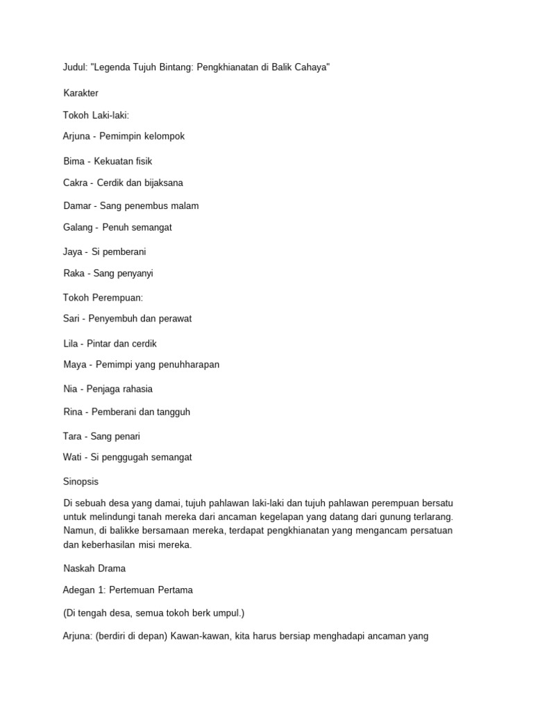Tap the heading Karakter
tap(81, 92)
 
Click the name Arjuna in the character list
tap(76, 136)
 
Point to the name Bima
tap(74, 161)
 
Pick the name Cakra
tap(76, 183)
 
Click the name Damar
tap(77, 206)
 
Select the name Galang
tap(78, 227)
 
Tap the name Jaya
tap(73, 251)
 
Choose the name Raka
tap(74, 273)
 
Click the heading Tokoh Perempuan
tap(103, 297)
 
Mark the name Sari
tap(71, 319)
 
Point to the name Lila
tap(71, 344)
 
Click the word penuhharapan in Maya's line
tap(189, 365)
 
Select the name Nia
tap(70, 389)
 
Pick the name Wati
tap(72, 457)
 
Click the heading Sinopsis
tap(81, 481)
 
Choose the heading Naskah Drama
tap(94, 568)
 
